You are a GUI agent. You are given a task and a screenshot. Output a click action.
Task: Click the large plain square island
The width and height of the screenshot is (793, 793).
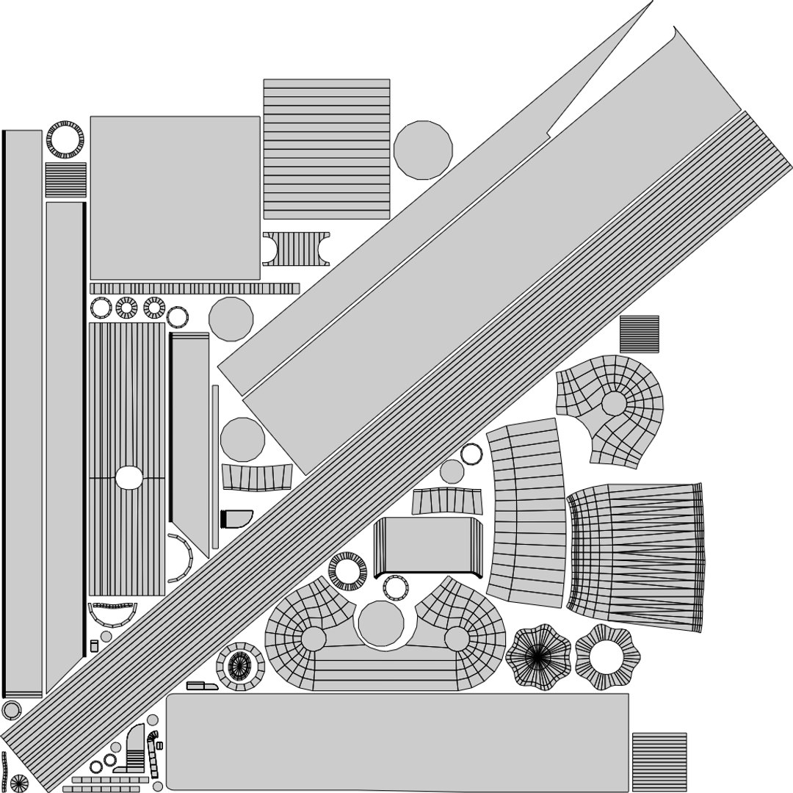[x=175, y=198]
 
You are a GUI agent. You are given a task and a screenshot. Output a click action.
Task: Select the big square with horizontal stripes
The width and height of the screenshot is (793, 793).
[x=326, y=149]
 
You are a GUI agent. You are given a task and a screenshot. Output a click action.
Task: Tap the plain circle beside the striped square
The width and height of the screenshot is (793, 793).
[x=423, y=149]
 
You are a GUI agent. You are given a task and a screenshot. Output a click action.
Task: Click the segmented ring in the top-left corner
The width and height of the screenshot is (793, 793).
[x=65, y=138]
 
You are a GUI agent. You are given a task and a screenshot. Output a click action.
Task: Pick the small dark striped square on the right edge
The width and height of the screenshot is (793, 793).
[x=639, y=334]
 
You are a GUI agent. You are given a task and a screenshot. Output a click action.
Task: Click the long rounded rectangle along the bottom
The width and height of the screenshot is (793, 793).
[x=396, y=742]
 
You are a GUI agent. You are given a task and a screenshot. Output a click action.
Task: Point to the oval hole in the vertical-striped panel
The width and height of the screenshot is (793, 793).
[x=130, y=477]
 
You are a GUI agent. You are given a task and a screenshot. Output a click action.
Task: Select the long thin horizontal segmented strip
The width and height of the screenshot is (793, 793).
[x=195, y=289]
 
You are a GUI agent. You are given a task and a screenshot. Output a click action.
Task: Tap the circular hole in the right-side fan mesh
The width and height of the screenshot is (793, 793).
[x=614, y=403]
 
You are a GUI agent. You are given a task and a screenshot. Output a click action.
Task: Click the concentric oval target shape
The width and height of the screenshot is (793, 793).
[x=239, y=666]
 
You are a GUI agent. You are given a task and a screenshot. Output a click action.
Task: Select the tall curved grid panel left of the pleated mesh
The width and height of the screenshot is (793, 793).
[x=526, y=514]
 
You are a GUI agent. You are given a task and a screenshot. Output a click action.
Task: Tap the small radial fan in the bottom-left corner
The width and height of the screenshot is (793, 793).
[x=18, y=782]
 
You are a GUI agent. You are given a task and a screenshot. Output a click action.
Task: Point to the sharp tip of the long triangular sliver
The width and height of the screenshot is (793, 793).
[x=652, y=2]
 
